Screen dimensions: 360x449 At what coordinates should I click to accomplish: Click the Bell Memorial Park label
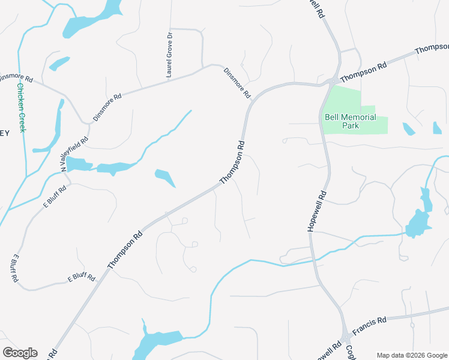pyautogui.click(x=350, y=121)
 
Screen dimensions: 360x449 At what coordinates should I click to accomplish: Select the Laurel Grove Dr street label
pyautogui.click(x=170, y=55)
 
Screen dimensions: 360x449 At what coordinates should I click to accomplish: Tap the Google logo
pyautogui.click(x=20, y=352)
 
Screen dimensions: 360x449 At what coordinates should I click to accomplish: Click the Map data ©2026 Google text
pyautogui.click(x=411, y=355)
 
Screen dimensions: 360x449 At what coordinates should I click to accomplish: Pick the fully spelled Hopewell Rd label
pyautogui.click(x=316, y=212)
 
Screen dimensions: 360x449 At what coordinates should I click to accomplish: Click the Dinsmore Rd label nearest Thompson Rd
pyautogui.click(x=237, y=83)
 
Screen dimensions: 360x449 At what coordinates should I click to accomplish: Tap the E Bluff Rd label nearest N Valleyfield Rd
pyautogui.click(x=54, y=196)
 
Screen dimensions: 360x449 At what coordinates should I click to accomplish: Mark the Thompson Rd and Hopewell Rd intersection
pyautogui.click(x=333, y=82)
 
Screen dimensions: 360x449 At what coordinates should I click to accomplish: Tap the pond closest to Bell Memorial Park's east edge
pyautogui.click(x=408, y=128)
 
